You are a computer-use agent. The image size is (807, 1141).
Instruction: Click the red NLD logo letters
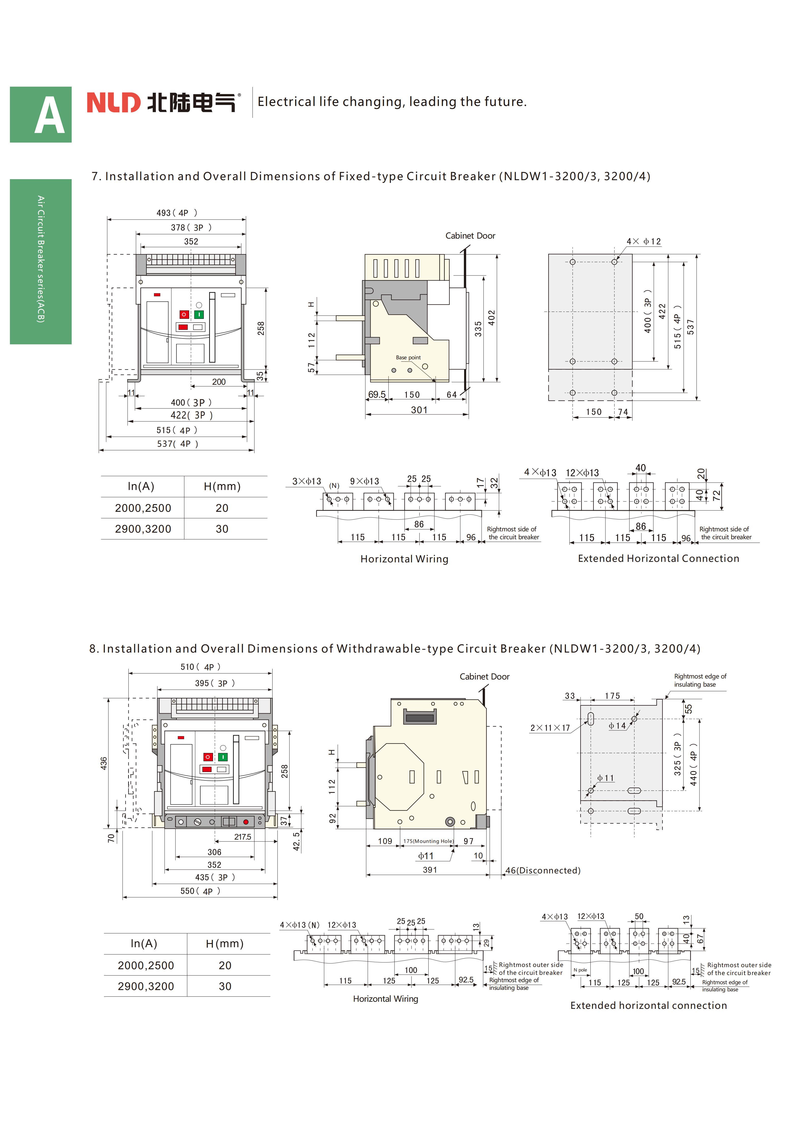[114, 102]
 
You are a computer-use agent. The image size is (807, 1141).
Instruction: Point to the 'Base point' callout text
[408, 357]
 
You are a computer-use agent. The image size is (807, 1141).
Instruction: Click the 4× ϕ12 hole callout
[644, 241]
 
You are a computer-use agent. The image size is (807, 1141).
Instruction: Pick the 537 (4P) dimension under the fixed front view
[177, 444]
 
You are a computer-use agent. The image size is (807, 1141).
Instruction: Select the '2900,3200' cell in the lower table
[146, 986]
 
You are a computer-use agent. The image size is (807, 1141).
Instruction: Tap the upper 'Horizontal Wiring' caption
[404, 559]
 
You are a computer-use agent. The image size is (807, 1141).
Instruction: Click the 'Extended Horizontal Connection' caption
[658, 559]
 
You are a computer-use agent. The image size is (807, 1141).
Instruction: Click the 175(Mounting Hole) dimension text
[428, 841]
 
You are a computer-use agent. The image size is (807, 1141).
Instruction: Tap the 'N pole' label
[580, 970]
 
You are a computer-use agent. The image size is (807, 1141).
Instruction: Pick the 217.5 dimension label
[242, 837]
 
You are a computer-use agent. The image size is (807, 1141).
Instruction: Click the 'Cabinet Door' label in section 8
[484, 676]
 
